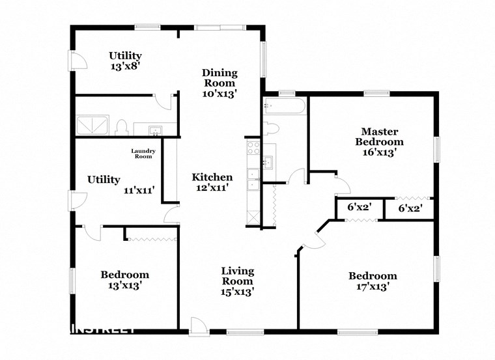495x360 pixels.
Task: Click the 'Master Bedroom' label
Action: [x=378, y=136]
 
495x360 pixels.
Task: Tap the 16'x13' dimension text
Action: [x=378, y=152]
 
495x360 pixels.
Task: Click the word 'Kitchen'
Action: [x=212, y=177]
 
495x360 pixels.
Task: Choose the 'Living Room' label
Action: [x=237, y=275]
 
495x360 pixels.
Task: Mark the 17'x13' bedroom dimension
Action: [x=372, y=286]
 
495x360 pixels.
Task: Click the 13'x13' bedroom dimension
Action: [x=124, y=285]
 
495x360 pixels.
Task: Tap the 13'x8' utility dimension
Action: [x=125, y=66]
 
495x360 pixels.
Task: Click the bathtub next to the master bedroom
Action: [x=284, y=107]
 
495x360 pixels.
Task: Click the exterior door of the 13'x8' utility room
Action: [x=77, y=62]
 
